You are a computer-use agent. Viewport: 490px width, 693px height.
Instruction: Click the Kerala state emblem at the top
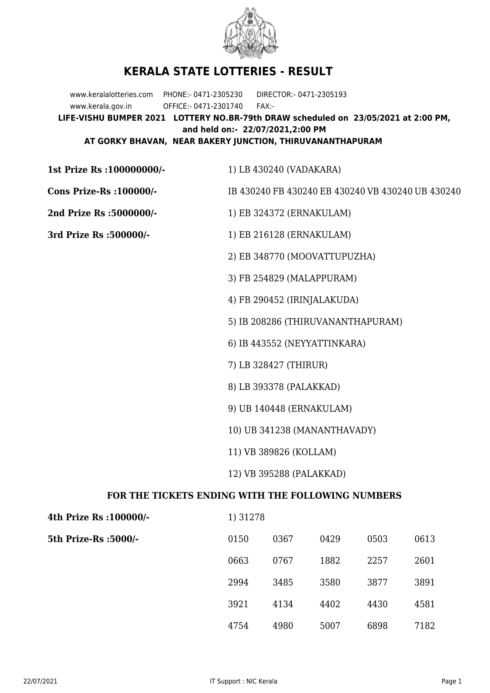[250, 33]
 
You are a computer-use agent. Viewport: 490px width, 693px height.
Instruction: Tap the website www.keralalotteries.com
[111, 95]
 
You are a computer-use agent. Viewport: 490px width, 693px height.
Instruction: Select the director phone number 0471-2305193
[322, 95]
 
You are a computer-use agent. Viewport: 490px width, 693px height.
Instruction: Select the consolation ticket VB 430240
[390, 191]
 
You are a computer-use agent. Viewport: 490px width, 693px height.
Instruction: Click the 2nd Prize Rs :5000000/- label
[102, 213]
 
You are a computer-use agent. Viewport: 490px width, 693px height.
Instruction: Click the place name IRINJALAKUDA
[322, 300]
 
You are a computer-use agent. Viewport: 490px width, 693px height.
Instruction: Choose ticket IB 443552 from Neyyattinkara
[260, 343]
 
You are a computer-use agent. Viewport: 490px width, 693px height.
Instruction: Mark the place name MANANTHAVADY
[334, 430]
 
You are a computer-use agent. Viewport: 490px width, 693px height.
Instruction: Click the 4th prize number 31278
[252, 517]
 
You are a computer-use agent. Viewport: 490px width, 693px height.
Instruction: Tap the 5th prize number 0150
[238, 539]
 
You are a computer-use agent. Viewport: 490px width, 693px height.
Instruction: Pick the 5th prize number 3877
[377, 582]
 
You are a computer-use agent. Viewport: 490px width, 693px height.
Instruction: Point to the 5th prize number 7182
[425, 626]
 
